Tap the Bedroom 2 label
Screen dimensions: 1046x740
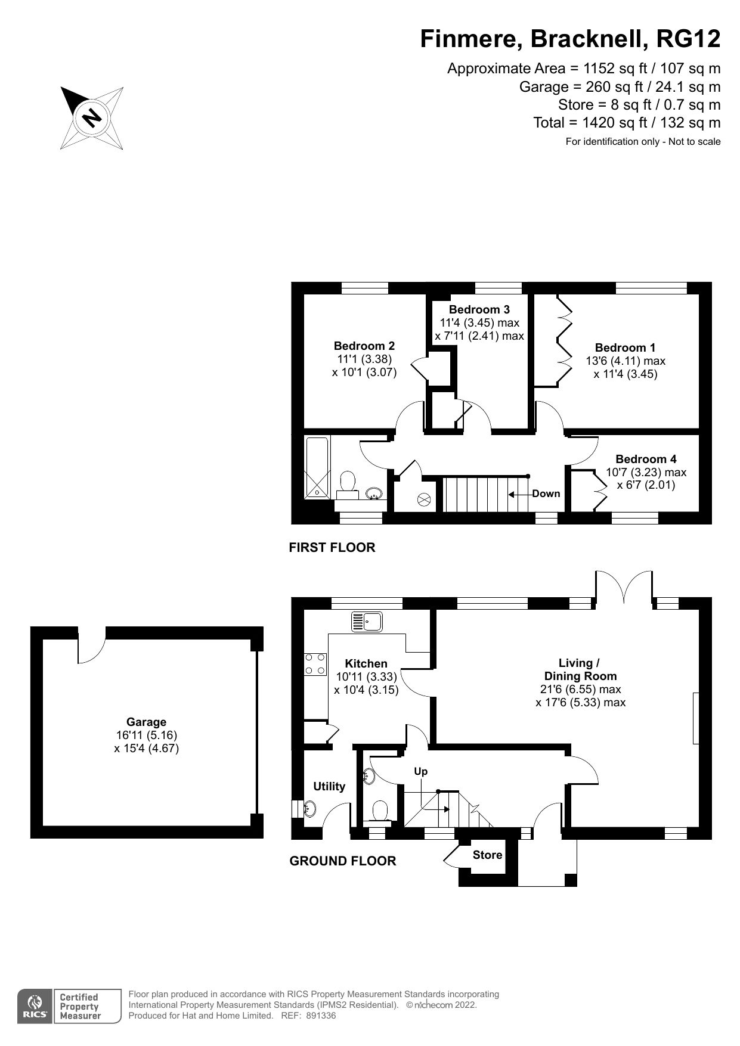tap(364, 346)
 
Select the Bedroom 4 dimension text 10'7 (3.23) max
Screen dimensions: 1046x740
tap(646, 472)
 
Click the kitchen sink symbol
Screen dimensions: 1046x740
tap(367, 622)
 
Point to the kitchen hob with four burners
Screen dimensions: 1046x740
tap(315, 664)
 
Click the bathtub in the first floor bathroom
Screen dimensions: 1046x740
tap(316, 467)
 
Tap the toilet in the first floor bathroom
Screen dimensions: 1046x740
tap(348, 482)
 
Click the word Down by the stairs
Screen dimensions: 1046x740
tap(546, 493)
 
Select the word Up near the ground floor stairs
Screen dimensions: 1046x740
tap(421, 771)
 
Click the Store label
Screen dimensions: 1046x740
tap(487, 855)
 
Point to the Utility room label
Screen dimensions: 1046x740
tap(329, 786)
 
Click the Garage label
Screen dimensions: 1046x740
tap(146, 722)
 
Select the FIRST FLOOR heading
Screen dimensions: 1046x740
tap(332, 547)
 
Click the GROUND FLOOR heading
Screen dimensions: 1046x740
tap(342, 861)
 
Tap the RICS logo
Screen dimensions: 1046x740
tap(35, 1007)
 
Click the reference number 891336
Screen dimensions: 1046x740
tap(322, 1016)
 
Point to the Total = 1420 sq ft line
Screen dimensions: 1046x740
tap(626, 123)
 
